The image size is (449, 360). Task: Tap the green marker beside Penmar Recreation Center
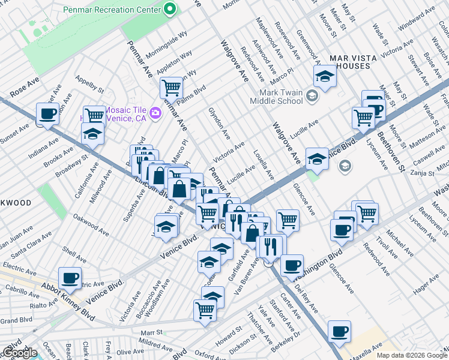(x=170, y=9)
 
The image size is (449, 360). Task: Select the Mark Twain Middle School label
(x=280, y=97)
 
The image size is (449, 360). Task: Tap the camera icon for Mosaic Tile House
(x=155, y=113)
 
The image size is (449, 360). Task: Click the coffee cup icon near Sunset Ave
(x=47, y=113)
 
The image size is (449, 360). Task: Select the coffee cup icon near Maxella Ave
(x=339, y=331)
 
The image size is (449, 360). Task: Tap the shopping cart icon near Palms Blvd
(x=171, y=88)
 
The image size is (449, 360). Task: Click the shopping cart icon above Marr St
(x=205, y=310)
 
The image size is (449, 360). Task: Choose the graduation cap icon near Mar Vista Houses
(x=325, y=76)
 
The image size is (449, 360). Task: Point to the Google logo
(x=19, y=353)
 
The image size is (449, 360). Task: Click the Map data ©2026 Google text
(x=412, y=355)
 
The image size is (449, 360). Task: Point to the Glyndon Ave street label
(x=219, y=121)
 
